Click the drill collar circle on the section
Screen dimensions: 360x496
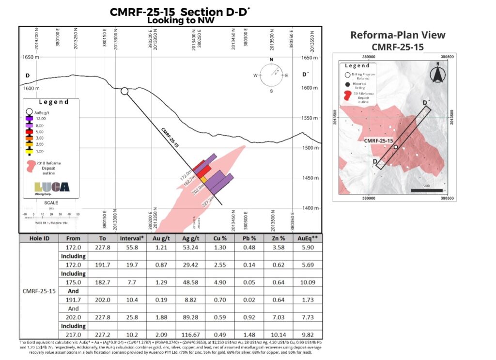[124, 91]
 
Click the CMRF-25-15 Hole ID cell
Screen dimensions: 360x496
[39, 291]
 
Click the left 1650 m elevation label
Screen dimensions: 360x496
[30, 57]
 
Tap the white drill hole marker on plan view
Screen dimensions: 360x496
[396, 147]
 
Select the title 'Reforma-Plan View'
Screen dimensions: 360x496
[398, 35]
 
